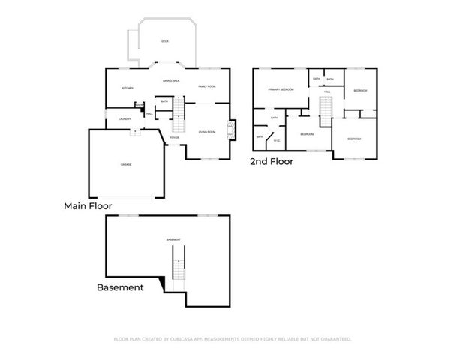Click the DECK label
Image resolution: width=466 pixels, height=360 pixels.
pos(165,41)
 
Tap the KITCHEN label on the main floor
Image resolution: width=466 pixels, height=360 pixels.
pos(128,87)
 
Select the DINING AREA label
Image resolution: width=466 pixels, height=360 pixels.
pos(171,80)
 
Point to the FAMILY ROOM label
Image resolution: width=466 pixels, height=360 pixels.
pos(207,87)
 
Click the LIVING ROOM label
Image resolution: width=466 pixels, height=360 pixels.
pos(207,132)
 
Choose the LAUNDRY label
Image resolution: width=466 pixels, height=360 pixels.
pos(125,118)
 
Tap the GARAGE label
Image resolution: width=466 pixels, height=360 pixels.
pos(127,164)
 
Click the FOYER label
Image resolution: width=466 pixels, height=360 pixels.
pos(174,138)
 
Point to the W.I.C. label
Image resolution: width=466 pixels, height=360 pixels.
pos(276,140)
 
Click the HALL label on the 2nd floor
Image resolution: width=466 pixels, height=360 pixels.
pos(327,91)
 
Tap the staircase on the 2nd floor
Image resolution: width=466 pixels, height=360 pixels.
pos(326,110)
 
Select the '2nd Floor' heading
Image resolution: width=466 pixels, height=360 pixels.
pos(272,161)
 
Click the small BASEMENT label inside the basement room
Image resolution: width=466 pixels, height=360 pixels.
pos(173,239)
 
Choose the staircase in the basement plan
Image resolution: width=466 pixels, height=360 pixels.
pos(178,271)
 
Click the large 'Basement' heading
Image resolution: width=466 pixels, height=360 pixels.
pos(120,287)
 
